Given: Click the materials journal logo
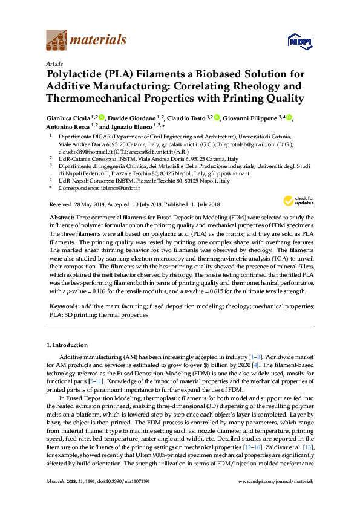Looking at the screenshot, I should tap(86, 41).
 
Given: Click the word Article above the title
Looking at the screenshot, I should tap(54, 63).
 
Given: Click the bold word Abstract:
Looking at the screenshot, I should tap(62, 217).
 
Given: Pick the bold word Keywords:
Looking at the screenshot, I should tap(64, 307).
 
